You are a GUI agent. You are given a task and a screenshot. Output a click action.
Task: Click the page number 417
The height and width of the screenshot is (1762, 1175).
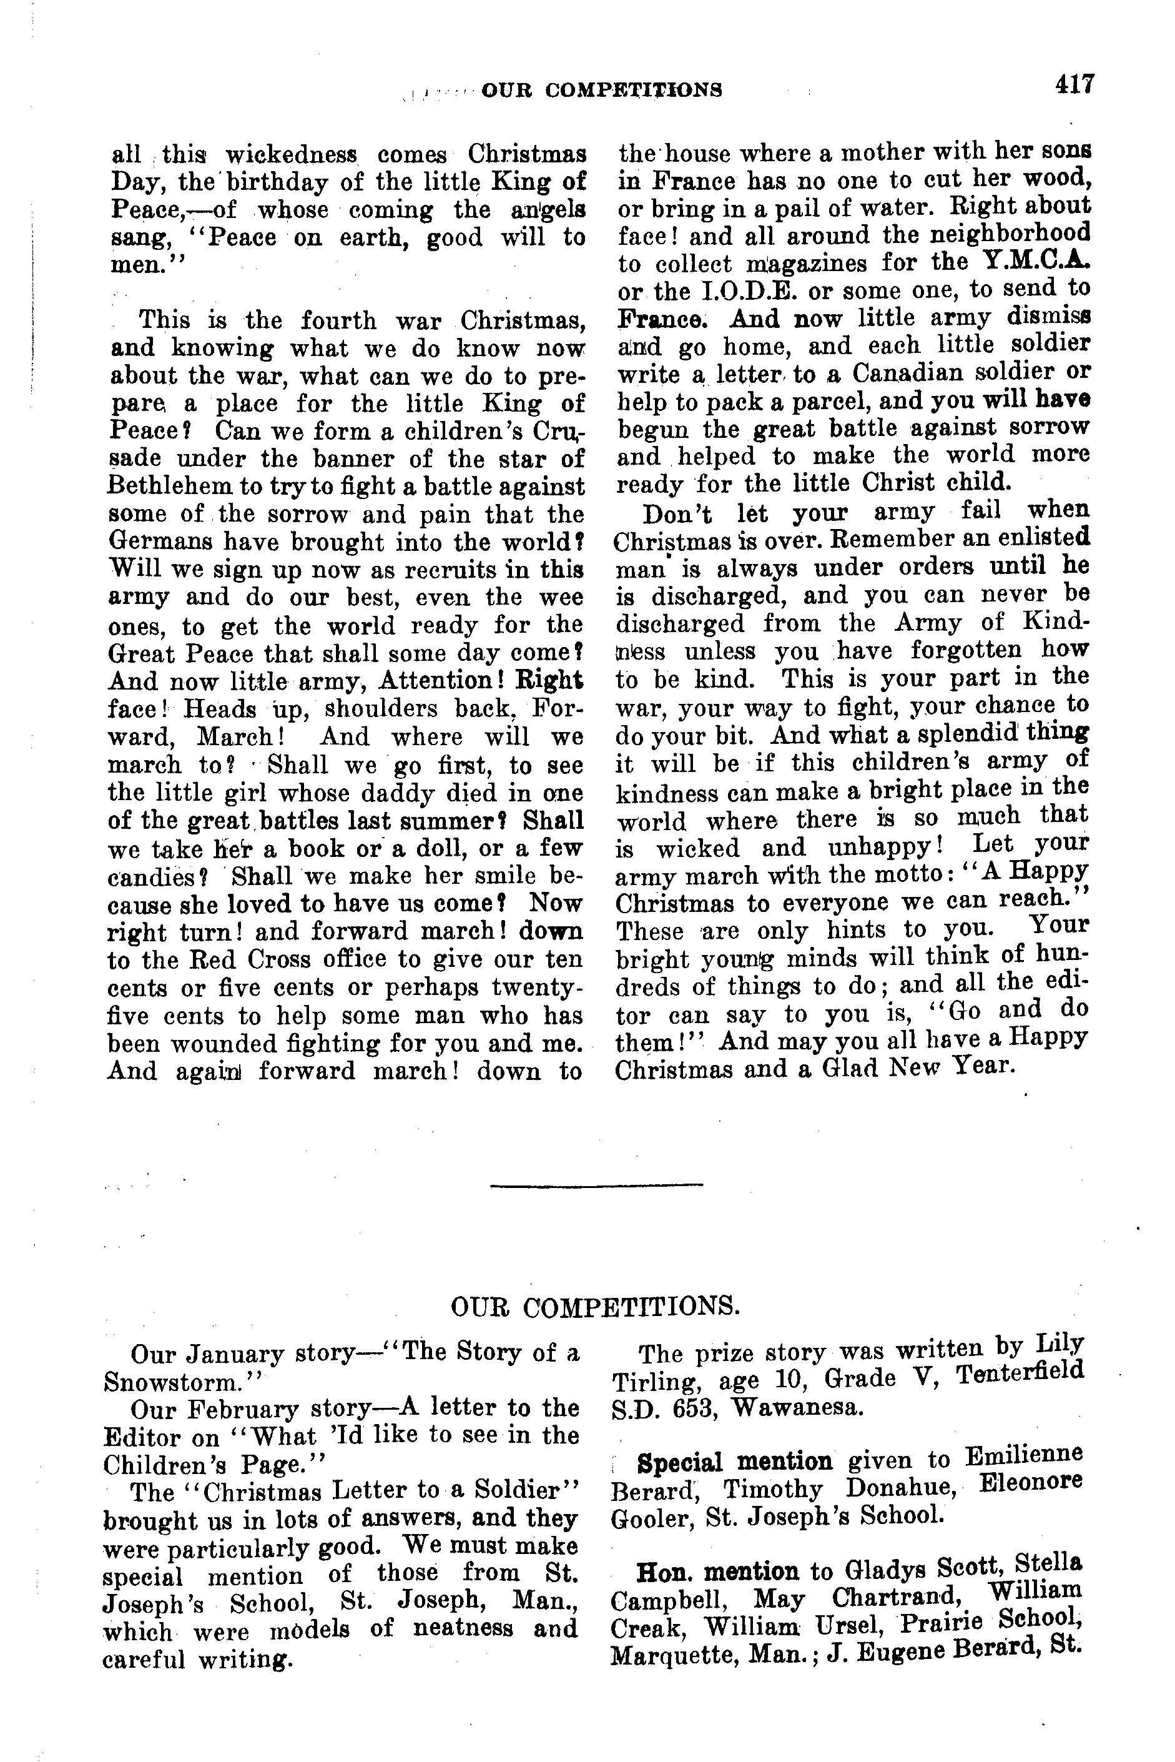coord(1074,83)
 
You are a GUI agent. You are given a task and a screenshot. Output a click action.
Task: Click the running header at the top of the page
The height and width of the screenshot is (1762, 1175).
coord(602,90)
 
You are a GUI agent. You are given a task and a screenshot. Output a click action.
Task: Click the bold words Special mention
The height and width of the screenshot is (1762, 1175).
coord(734,1462)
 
